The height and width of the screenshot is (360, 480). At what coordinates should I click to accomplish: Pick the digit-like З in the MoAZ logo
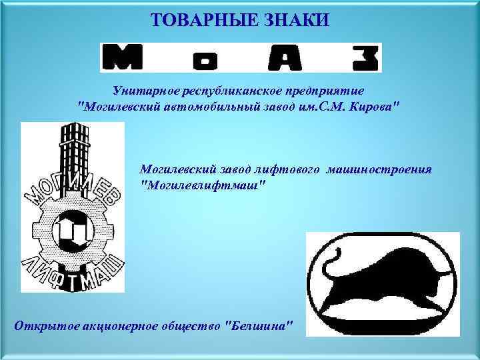[364, 58]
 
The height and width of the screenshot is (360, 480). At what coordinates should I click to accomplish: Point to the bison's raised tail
[333, 263]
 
